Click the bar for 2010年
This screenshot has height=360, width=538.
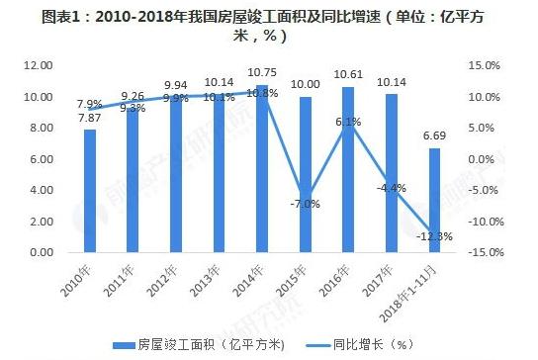coord(90,191)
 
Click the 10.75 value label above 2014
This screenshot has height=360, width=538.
coord(261,72)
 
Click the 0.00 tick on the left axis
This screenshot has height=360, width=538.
coord(41,253)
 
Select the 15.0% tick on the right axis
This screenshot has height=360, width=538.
coord(484,65)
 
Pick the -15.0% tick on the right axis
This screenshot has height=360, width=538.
coord(482,253)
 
